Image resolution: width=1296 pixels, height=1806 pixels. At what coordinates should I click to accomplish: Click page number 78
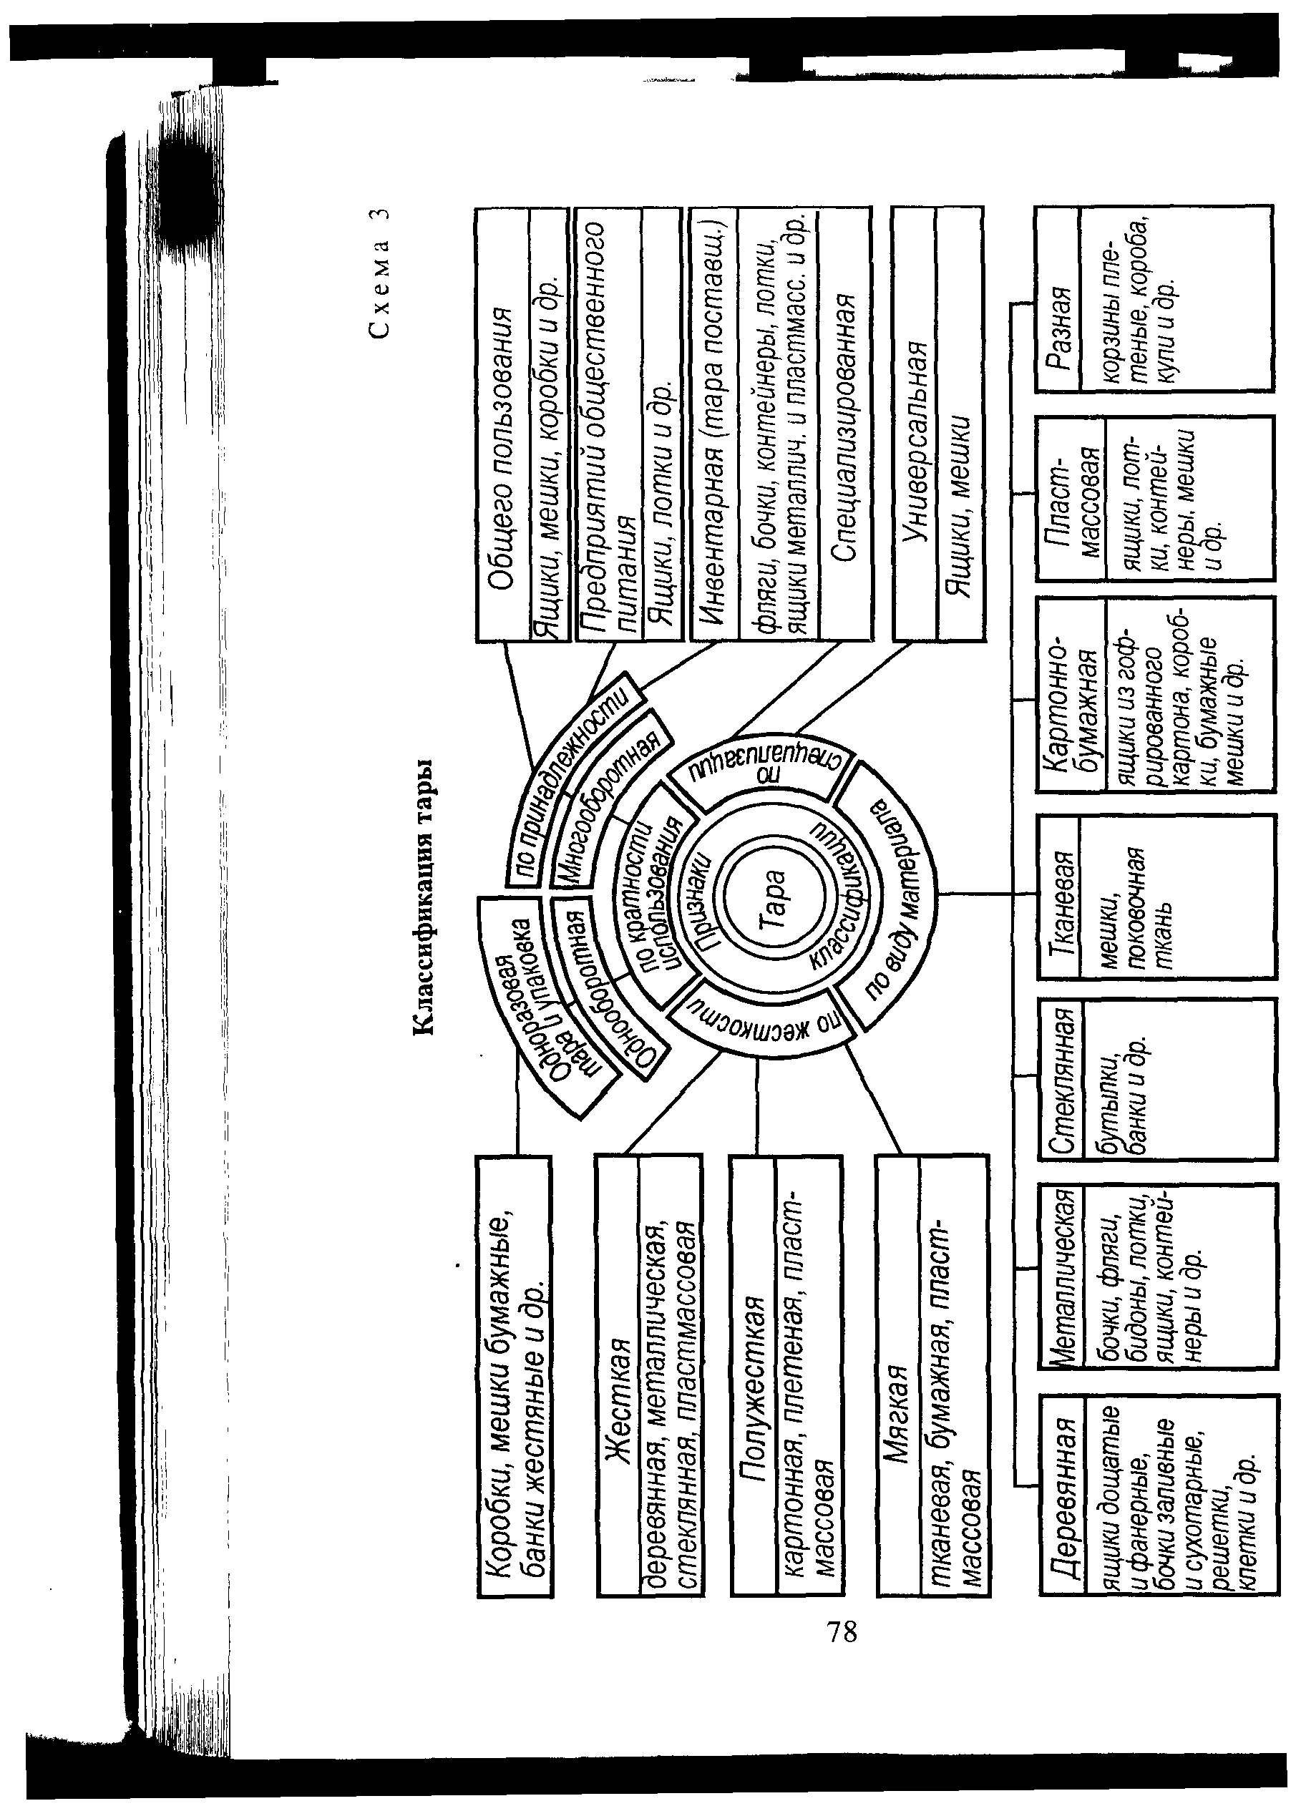click(x=843, y=1631)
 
